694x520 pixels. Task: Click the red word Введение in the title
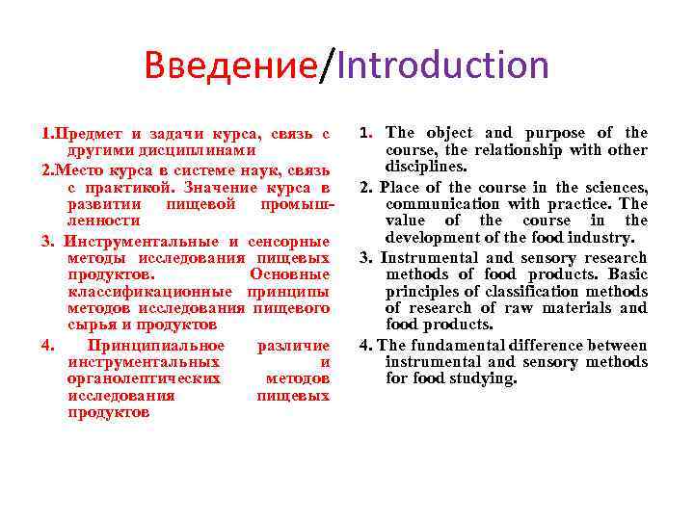coord(230,65)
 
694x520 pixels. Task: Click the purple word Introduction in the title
coord(443,65)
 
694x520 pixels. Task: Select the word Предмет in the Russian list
coord(87,133)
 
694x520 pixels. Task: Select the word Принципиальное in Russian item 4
coord(156,345)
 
